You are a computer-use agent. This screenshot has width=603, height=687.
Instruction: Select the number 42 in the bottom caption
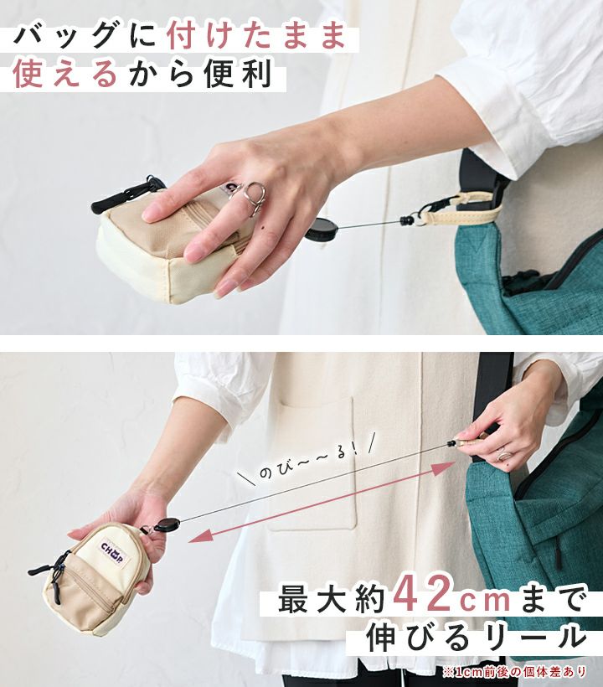pyautogui.click(x=420, y=596)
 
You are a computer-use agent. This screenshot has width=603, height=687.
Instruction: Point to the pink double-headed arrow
pyautogui.click(x=322, y=502)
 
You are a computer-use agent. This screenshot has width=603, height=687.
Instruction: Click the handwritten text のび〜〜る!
pyautogui.click(x=310, y=460)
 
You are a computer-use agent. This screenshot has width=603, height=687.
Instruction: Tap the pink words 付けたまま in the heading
pyautogui.click(x=256, y=37)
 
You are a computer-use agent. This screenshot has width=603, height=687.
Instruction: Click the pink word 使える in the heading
pyautogui.click(x=65, y=73)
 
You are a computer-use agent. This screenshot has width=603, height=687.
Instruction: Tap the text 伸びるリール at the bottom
pyautogui.click(x=476, y=638)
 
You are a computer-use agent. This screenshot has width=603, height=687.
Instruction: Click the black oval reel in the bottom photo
pyautogui.click(x=167, y=524)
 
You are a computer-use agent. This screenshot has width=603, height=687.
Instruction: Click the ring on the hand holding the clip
pyautogui.click(x=504, y=453)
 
